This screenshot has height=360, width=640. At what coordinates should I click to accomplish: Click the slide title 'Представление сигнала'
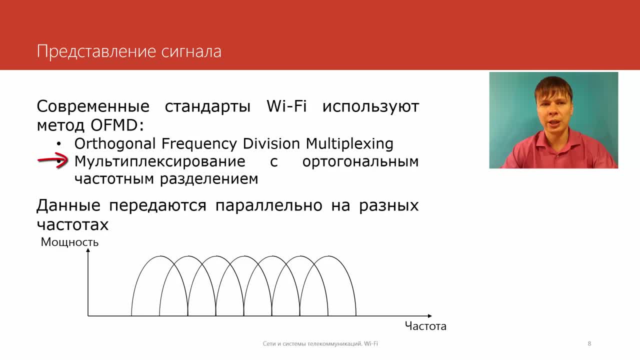pos(129,52)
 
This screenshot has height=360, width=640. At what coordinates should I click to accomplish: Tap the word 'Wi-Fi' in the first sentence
pos(286,106)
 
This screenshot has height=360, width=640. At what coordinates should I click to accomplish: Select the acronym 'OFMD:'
pos(117,125)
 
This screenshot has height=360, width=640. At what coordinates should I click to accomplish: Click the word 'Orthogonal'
pos(115,143)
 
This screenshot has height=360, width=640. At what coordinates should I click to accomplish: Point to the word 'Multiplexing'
pos(349,143)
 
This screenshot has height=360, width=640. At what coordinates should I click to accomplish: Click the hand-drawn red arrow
pos(53,160)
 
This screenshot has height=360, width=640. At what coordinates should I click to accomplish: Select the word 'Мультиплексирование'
pos(159,162)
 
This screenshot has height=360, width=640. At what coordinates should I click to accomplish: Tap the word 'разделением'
pos(209,179)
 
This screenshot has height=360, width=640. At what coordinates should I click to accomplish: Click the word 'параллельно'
pos(269,205)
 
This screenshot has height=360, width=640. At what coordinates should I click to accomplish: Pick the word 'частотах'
pos(72,224)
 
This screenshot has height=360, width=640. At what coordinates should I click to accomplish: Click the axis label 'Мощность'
pos(69,242)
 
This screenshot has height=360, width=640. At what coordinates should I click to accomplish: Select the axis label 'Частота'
pos(425,326)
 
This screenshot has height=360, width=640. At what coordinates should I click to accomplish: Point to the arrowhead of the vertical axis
pos(88,250)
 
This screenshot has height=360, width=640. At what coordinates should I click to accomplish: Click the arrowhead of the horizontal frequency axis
pos(429,315)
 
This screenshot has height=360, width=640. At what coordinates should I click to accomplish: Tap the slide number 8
pos(589,343)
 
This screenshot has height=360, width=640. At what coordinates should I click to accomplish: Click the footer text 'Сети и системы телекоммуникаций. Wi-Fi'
pos(320,343)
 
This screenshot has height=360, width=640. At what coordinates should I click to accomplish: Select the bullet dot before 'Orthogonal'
pos(59,143)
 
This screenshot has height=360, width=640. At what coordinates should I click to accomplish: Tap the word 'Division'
pos(271,143)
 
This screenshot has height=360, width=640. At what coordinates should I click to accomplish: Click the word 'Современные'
pos(93,106)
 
